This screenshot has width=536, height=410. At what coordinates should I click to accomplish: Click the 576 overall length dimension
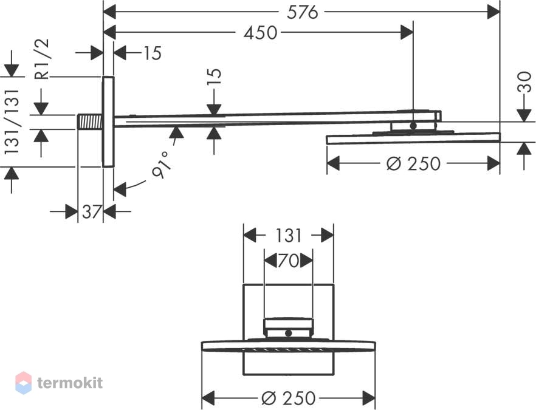tap(302, 13)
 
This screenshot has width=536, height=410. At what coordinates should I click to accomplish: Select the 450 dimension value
tap(261, 33)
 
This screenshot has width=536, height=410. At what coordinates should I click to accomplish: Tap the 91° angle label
tap(162, 165)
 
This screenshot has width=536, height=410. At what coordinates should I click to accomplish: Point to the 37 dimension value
tap(91, 212)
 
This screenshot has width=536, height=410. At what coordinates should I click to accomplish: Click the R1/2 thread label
tap(43, 60)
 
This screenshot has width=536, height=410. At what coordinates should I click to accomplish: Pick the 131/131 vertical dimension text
tap(12, 121)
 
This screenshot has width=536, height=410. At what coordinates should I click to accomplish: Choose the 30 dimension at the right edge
tap(524, 81)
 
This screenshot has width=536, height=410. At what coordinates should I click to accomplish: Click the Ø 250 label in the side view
tap(413, 163)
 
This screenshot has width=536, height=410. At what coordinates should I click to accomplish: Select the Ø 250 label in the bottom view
tap(289, 398)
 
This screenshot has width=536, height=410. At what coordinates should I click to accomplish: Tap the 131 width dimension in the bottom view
tap(289, 236)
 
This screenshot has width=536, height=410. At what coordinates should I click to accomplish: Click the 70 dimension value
tap(289, 261)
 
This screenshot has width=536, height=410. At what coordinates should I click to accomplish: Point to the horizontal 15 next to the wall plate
tap(152, 53)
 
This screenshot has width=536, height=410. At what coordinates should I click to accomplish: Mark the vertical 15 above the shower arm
tap(215, 77)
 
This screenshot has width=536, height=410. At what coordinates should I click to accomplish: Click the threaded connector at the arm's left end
tap(90, 121)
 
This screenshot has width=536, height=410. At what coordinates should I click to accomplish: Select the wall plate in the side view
tap(108, 121)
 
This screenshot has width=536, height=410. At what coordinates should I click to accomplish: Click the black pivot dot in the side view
tap(413, 126)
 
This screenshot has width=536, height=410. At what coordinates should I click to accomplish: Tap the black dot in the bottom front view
tap(289, 333)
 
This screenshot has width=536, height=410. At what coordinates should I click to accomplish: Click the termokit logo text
tap(70, 383)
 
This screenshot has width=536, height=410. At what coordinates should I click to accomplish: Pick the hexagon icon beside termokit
tap(24, 383)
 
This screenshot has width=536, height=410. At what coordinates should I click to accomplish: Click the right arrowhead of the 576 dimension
tap(494, 13)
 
